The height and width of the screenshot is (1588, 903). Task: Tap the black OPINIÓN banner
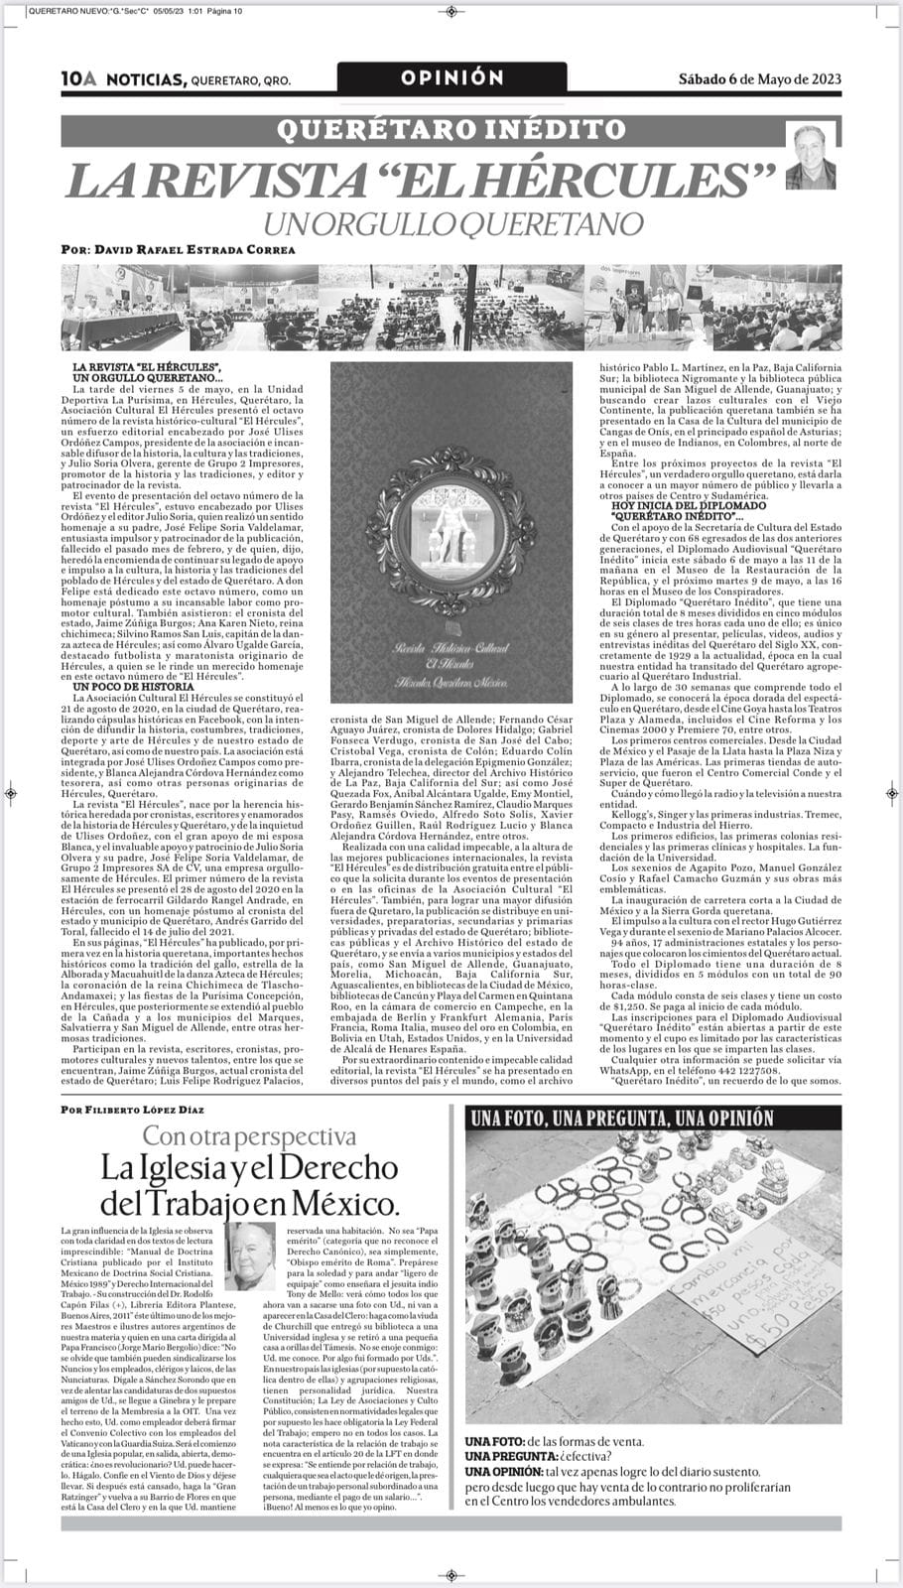coord(451,78)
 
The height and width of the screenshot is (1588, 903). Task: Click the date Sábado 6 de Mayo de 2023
coord(760,79)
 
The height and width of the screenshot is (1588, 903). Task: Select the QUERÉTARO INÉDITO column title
coord(451,128)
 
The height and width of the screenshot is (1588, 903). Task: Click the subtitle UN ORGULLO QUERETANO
coord(451,223)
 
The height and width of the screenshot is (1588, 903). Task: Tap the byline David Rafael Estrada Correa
coord(177,251)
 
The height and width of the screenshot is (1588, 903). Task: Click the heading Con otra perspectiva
coord(249,1136)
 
